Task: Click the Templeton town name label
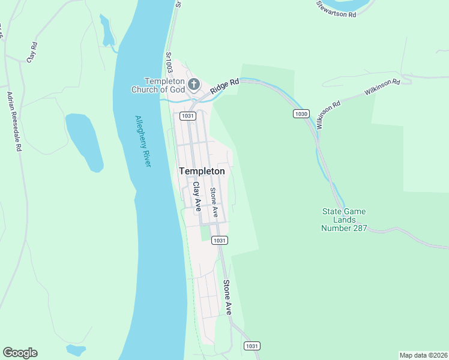pyautogui.click(x=202, y=171)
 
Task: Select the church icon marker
pyautogui.click(x=194, y=84)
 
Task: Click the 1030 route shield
pyautogui.click(x=301, y=113)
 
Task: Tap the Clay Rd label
pyautogui.click(x=32, y=52)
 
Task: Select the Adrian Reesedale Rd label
pyautogui.click(x=14, y=122)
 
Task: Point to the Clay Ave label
pyautogui.click(x=196, y=197)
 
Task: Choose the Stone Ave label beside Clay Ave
pyautogui.click(x=213, y=202)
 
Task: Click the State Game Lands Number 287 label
pyautogui.click(x=344, y=220)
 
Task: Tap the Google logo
pyautogui.click(x=20, y=353)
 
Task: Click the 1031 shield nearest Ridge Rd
pyautogui.click(x=187, y=115)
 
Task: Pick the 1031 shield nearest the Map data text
pyautogui.click(x=252, y=346)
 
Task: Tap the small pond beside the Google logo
pyautogui.click(x=76, y=349)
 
